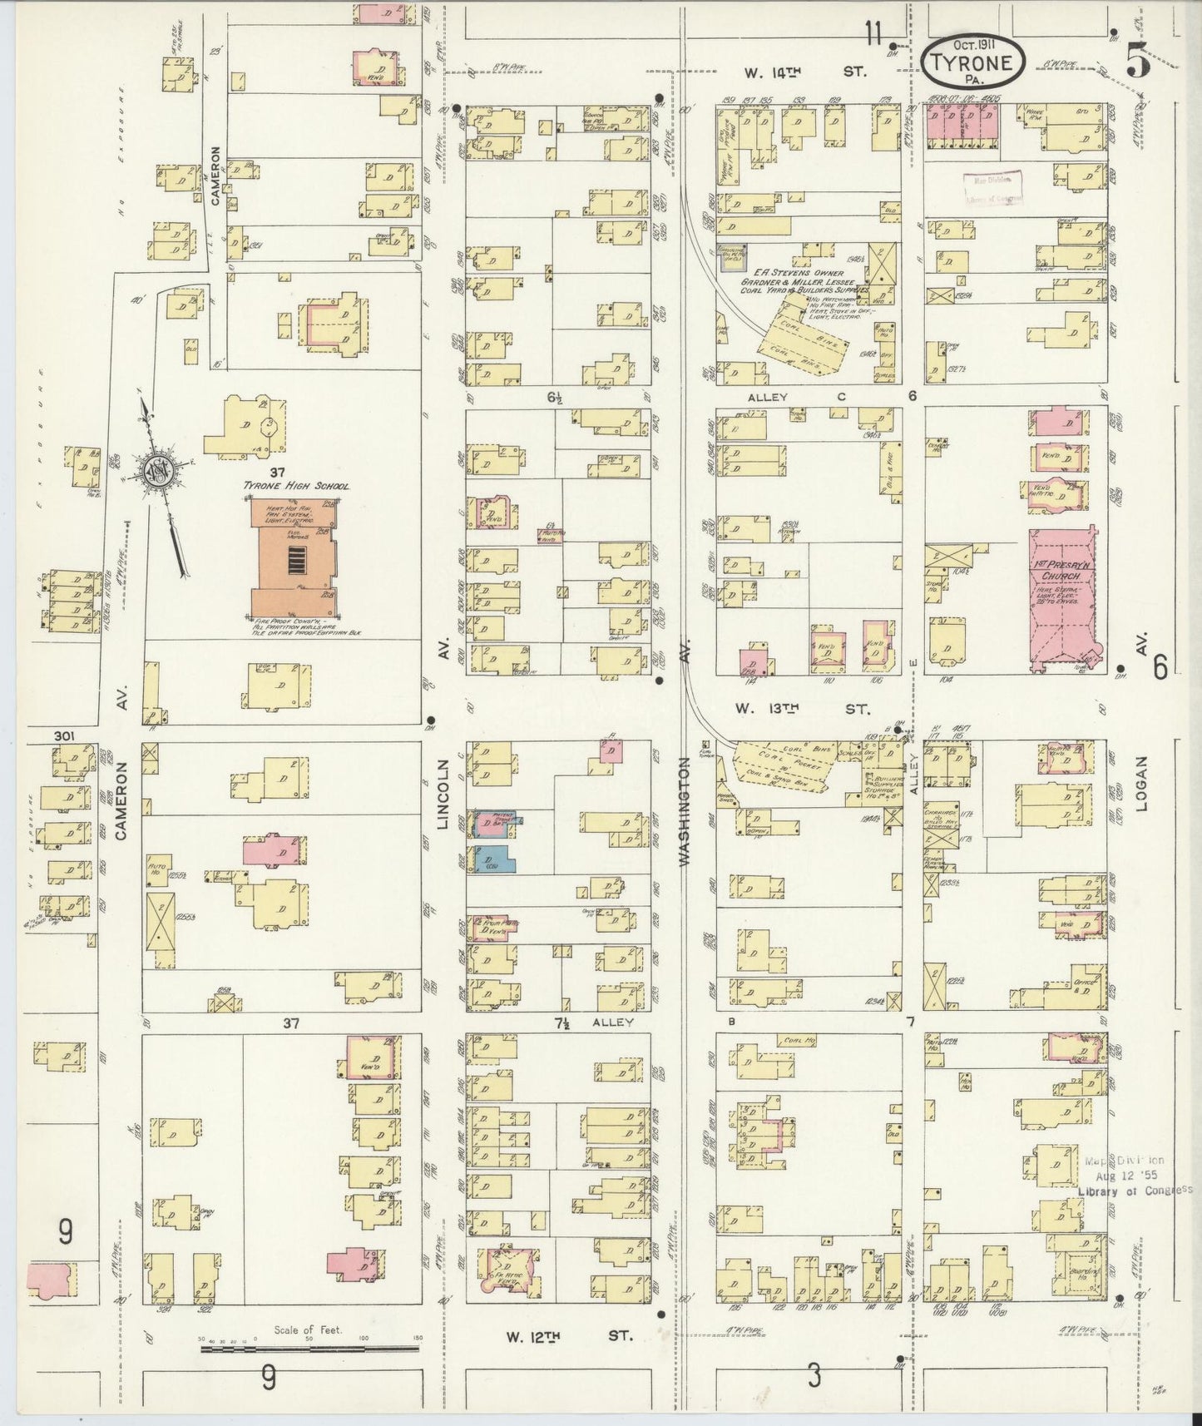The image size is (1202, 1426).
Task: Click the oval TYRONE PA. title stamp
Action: [972, 61]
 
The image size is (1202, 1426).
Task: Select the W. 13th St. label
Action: [801, 710]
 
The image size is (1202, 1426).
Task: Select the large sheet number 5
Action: [1140, 62]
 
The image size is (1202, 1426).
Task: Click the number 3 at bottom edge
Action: [813, 1377]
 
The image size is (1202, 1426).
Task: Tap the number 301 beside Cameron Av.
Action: [64, 735]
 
